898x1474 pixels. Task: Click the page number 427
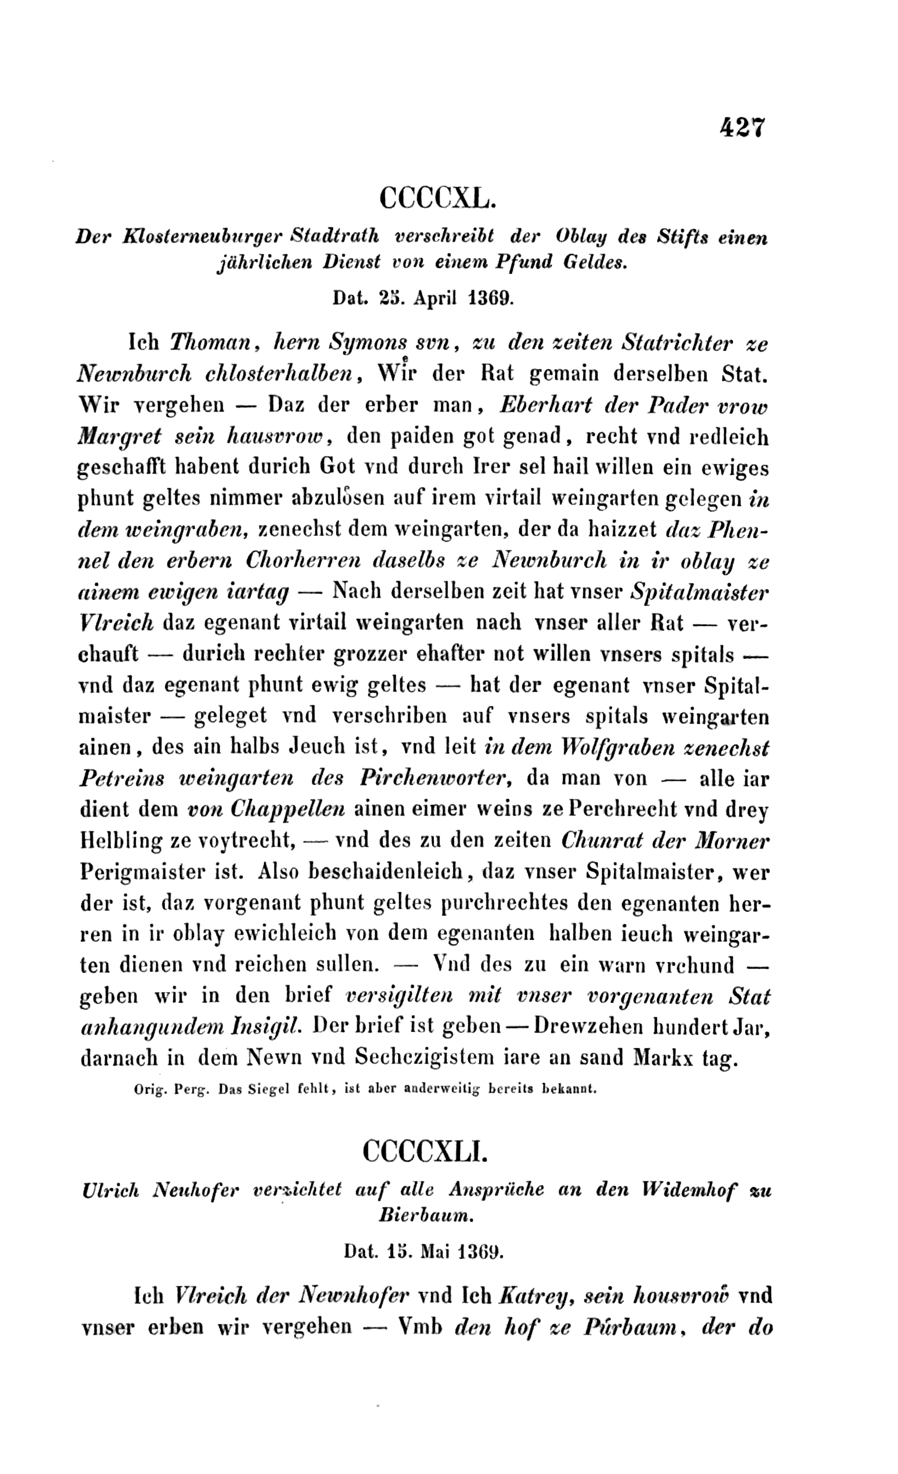click(x=742, y=128)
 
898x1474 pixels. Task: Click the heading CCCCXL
click(x=438, y=197)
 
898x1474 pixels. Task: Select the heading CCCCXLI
click(x=426, y=1150)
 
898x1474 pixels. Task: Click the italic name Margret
click(x=120, y=436)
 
